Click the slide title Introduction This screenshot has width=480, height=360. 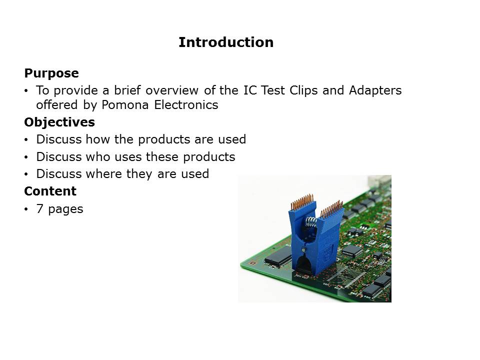click(x=226, y=42)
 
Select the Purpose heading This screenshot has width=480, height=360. click(x=51, y=73)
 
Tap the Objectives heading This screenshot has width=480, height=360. click(x=59, y=122)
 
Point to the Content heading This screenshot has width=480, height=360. click(x=50, y=191)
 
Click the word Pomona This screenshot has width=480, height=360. click(x=125, y=104)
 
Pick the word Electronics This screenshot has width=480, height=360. click(x=186, y=104)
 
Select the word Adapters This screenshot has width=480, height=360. click(x=375, y=90)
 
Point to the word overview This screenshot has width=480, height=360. click(x=171, y=90)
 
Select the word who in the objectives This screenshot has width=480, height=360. click(x=98, y=156)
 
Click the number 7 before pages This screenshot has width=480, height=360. click(x=40, y=209)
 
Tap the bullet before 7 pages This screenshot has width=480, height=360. click(x=26, y=209)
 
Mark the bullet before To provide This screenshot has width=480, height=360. click(x=26, y=90)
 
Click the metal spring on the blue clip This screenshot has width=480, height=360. click(x=311, y=221)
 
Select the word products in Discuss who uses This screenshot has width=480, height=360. click(x=209, y=157)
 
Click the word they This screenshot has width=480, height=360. click(x=139, y=174)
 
